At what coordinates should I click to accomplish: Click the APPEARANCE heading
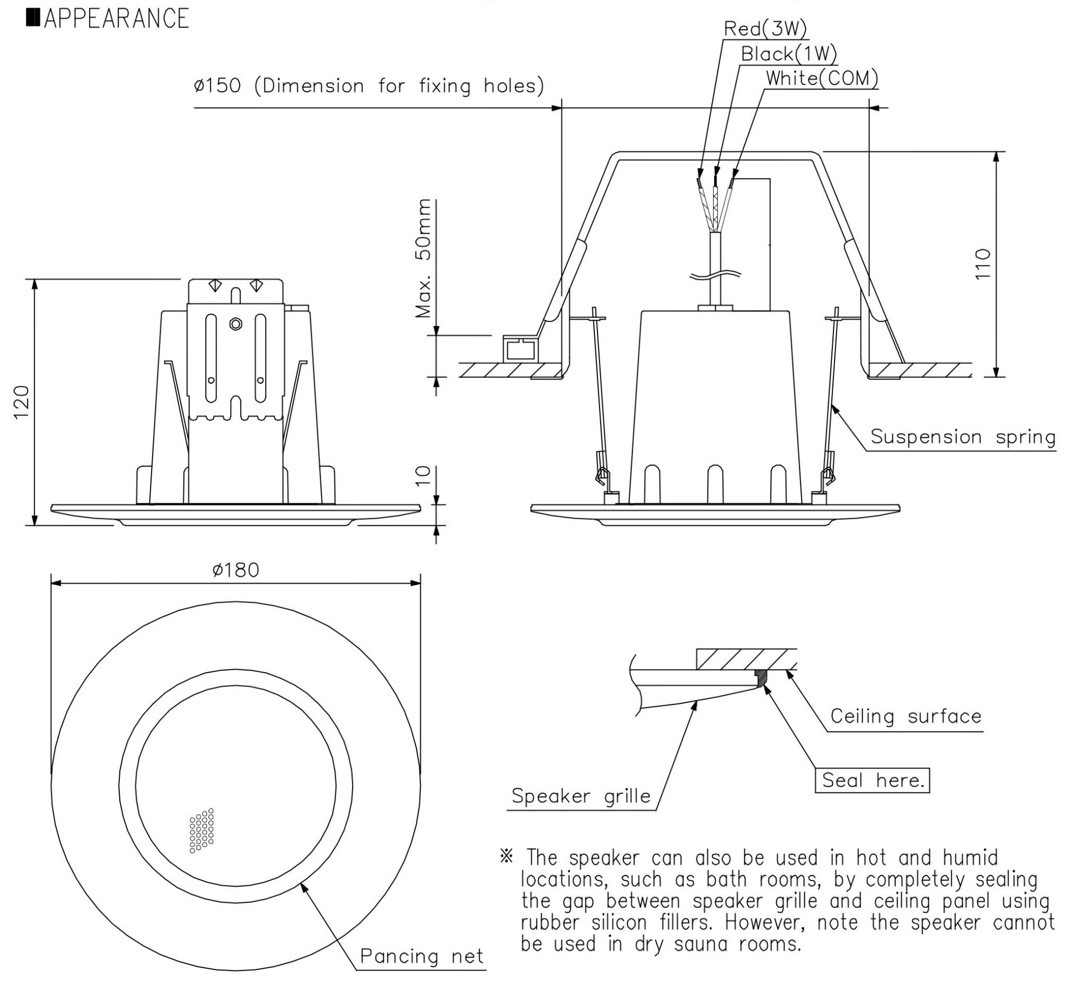[116, 18]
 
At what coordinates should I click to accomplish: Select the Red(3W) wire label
[765, 29]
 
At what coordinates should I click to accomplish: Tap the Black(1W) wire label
[788, 54]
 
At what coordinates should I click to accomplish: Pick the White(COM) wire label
[822, 78]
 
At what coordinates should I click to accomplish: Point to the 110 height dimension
[983, 263]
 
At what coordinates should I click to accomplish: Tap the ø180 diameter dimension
[235, 570]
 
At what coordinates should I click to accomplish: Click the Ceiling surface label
[906, 716]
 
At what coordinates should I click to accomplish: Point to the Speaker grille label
[581, 796]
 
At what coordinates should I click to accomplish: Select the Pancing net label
[421, 956]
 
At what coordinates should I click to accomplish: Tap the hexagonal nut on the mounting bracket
[235, 324]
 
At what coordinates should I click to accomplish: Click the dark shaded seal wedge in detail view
[761, 678]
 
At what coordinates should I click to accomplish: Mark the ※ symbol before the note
[507, 857]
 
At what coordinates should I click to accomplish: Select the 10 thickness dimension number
[424, 475]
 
